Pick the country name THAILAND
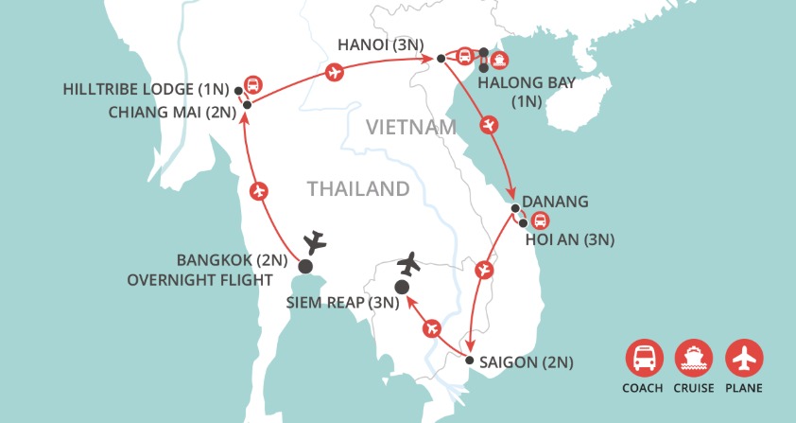coord(358,189)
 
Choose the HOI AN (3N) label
coord(570,239)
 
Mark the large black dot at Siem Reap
coord(401,287)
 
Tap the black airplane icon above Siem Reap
coord(408,260)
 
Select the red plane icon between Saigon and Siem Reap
coord(433,327)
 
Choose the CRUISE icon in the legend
coord(692,357)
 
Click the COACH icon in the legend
coord(643,357)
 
